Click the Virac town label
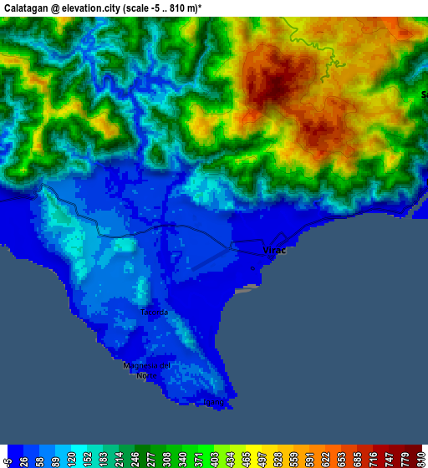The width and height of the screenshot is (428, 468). [274, 251]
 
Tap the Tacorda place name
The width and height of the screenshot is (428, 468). [154, 313]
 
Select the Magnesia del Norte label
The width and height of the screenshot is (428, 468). [146, 370]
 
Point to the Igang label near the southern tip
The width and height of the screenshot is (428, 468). [214, 402]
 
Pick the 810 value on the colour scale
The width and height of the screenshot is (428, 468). [420, 460]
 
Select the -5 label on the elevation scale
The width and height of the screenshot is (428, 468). [8, 460]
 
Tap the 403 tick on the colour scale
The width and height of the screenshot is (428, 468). [218, 460]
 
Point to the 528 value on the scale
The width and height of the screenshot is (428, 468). [276, 460]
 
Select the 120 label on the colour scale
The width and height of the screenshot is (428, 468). [74, 460]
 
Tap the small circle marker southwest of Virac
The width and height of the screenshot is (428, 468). [252, 269]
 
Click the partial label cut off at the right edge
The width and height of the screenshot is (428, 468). [424, 94]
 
